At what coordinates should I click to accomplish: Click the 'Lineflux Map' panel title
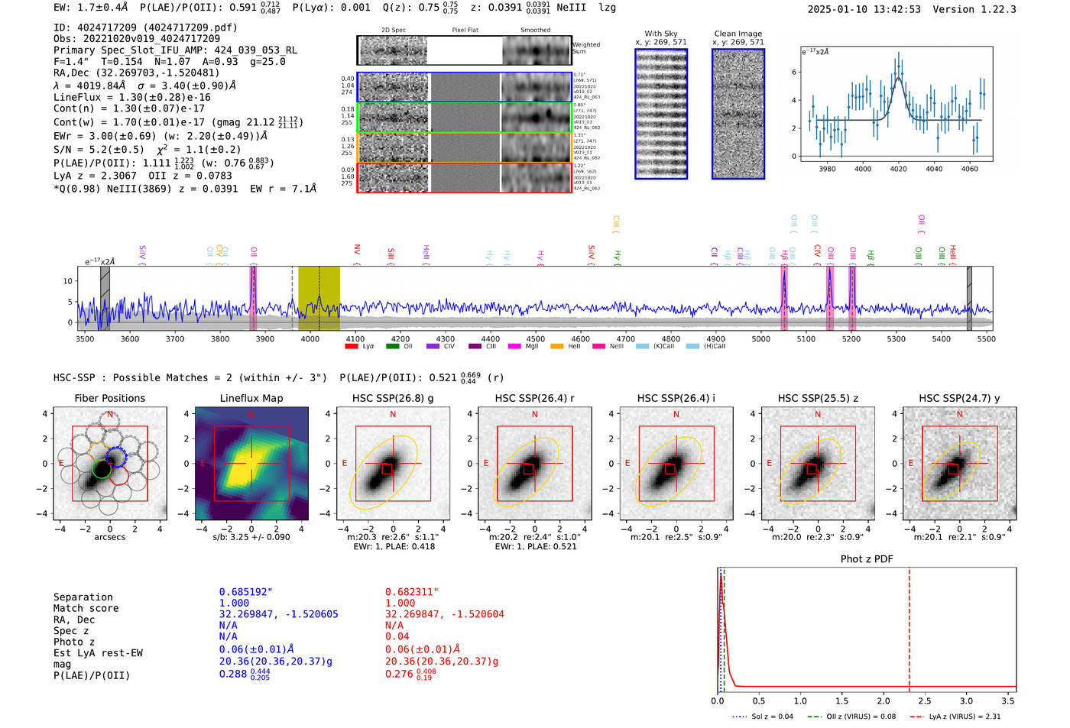(x=251, y=398)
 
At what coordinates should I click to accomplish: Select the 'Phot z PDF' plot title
(x=867, y=558)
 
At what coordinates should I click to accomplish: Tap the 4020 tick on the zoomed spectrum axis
(x=898, y=169)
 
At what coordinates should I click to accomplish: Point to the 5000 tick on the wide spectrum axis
(x=760, y=338)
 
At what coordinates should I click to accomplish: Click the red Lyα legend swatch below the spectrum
(x=352, y=346)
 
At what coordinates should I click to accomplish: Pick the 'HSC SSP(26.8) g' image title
(x=393, y=398)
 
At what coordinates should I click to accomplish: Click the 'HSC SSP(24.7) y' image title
(x=959, y=398)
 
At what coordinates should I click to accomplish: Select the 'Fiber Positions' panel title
(x=109, y=398)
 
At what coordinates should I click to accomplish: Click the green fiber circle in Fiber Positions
(x=102, y=469)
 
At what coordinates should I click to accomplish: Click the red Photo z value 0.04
(x=397, y=636)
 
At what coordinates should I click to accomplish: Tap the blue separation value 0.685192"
(x=245, y=592)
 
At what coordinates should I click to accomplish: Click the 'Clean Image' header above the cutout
(x=738, y=34)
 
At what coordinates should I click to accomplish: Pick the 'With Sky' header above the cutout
(x=661, y=34)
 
